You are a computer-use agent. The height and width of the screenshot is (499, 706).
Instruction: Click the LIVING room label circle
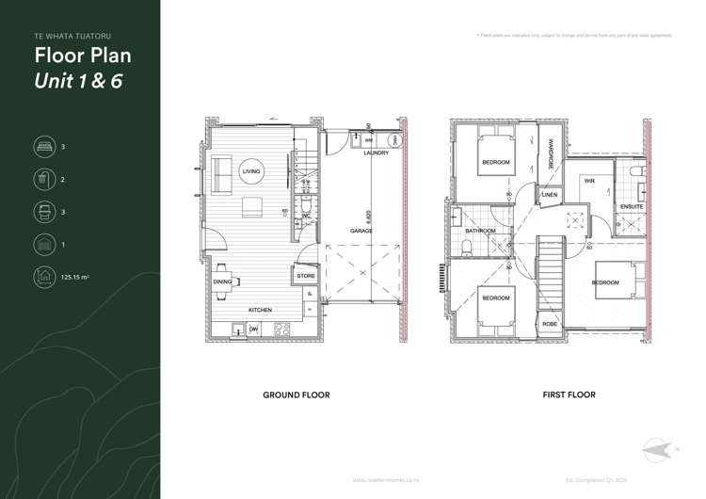pos(251,171)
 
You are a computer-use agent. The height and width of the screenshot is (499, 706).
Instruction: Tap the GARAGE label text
pos(361,231)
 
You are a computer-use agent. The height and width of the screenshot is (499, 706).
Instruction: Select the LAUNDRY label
pos(376,153)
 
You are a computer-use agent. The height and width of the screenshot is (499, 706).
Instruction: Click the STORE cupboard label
pos(306,277)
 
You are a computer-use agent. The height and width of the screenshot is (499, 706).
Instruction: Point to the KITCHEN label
pos(260,310)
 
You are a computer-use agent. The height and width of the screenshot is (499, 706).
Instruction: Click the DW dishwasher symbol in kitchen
pos(253,329)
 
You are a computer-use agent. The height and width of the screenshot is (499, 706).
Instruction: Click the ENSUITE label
pos(632,206)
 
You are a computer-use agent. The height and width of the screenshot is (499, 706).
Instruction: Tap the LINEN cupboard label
pos(550,196)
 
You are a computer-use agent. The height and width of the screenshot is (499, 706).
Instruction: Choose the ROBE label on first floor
pos(551,324)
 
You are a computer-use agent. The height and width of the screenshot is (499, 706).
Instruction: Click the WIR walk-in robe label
pos(589,181)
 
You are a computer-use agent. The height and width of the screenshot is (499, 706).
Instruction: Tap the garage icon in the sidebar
pos(43,245)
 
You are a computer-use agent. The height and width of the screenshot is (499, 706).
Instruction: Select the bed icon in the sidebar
pos(43,147)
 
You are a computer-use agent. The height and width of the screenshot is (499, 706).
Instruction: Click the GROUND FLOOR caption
pos(296,395)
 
